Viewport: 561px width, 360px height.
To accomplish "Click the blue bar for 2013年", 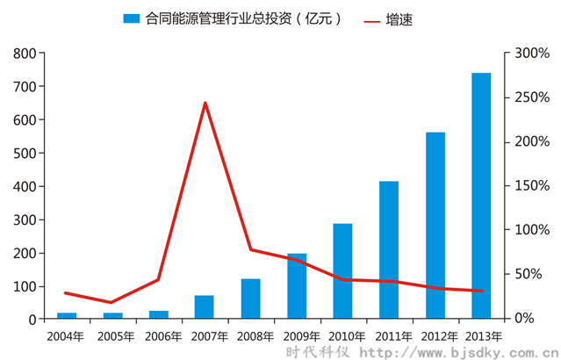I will (481, 195).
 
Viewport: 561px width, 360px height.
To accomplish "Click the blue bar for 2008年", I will (250, 299).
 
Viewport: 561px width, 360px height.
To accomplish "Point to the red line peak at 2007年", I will (205, 103).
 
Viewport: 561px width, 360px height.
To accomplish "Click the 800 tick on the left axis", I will (25, 54).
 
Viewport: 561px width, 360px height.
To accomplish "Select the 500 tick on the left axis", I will (25, 154).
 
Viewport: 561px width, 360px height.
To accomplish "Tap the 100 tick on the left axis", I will (25, 287).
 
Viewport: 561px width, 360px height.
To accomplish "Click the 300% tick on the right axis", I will (532, 54).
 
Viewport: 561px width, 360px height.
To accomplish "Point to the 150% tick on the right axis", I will (532, 186).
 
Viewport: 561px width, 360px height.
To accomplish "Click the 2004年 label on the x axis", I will (66, 335).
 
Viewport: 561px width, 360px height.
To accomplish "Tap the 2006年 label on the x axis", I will (158, 335).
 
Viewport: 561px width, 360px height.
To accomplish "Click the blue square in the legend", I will (132, 18).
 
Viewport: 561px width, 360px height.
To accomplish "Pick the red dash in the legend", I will (373, 18).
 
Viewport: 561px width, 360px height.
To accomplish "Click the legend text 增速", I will (399, 18).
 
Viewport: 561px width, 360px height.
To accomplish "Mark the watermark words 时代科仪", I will (320, 351).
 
